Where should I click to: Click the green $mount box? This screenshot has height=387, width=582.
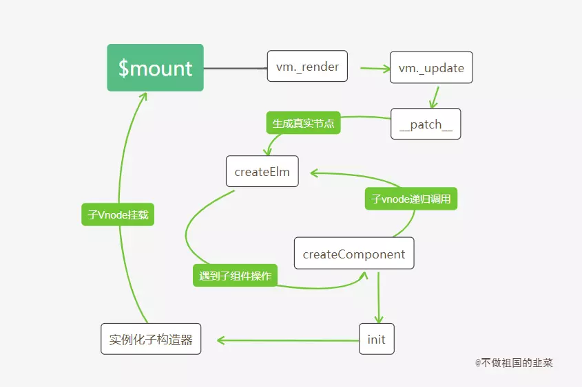click(x=155, y=67)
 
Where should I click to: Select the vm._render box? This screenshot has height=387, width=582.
click(x=307, y=67)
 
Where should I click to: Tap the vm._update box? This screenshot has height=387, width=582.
click(x=431, y=68)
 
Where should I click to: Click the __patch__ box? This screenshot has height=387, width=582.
click(x=426, y=124)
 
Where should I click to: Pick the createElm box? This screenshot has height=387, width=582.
click(x=262, y=172)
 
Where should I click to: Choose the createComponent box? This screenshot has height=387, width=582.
click(x=354, y=254)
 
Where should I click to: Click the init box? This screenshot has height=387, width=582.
click(x=377, y=340)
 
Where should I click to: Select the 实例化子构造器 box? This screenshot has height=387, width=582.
click(x=151, y=339)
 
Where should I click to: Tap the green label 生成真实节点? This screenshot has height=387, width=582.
click(x=303, y=124)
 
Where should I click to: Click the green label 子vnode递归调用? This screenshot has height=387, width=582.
click(x=410, y=199)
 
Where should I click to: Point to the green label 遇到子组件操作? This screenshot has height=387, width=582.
click(x=235, y=276)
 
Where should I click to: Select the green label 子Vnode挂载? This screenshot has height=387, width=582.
click(x=118, y=215)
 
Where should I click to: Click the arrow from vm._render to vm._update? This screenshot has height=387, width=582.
click(x=375, y=69)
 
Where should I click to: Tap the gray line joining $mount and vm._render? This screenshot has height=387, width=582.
click(x=235, y=68)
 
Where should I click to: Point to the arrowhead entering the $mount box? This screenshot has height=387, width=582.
click(x=143, y=97)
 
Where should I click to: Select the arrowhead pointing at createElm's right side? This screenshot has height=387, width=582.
click(x=313, y=172)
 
